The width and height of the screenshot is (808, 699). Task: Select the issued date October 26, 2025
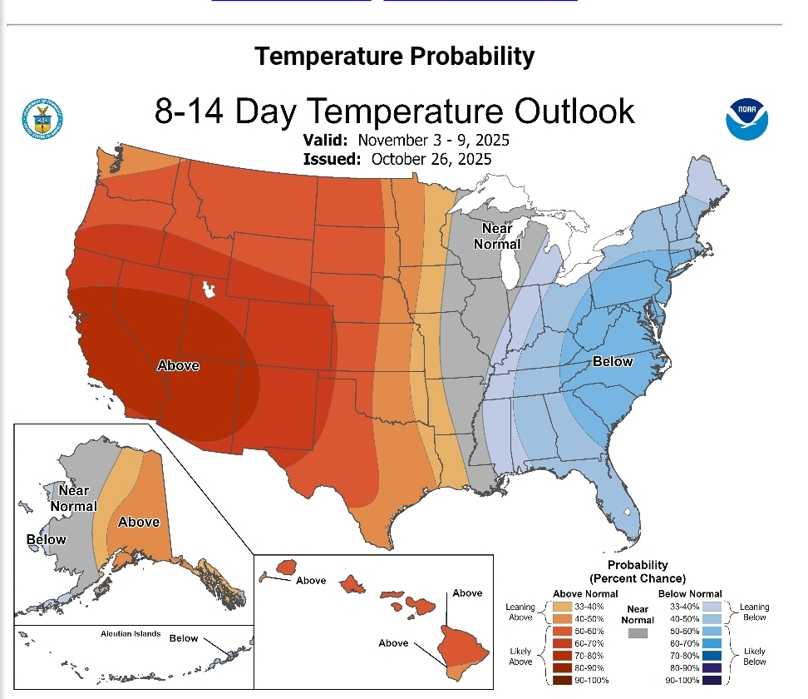pyautogui.click(x=431, y=159)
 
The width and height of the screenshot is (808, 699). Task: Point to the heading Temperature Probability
pyautogui.click(x=394, y=57)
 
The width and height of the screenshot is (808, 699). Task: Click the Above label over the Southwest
pyautogui.click(x=178, y=365)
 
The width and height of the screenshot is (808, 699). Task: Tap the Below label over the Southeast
pyautogui.click(x=613, y=361)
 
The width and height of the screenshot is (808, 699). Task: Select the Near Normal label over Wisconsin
pyautogui.click(x=497, y=236)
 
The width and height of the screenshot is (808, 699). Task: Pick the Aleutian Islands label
pyautogui.click(x=131, y=634)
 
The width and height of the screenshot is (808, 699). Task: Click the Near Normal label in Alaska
pyautogui.click(x=74, y=498)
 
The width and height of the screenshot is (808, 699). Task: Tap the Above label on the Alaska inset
pyautogui.click(x=138, y=522)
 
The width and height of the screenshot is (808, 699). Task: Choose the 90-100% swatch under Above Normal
pyautogui.click(x=564, y=681)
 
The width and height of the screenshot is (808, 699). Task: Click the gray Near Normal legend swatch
pyautogui.click(x=638, y=633)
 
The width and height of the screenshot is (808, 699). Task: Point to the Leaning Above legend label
pyautogui.click(x=520, y=612)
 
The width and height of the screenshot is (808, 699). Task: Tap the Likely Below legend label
pyautogui.click(x=755, y=656)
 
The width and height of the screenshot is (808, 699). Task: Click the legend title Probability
pyautogui.click(x=638, y=565)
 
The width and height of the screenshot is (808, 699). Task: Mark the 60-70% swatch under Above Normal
pyautogui.click(x=564, y=644)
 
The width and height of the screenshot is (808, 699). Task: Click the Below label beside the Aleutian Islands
pyautogui.click(x=184, y=638)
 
